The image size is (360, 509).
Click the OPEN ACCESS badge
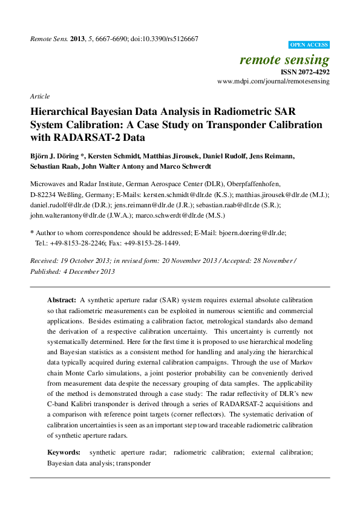309,45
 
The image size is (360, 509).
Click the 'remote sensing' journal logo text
284,59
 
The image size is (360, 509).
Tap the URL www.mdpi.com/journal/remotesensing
273,81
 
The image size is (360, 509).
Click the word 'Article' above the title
39,96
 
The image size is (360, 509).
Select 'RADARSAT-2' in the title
83,138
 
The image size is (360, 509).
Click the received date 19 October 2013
83,261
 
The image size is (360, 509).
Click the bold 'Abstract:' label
62,300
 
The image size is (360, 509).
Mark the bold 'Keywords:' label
64,452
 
